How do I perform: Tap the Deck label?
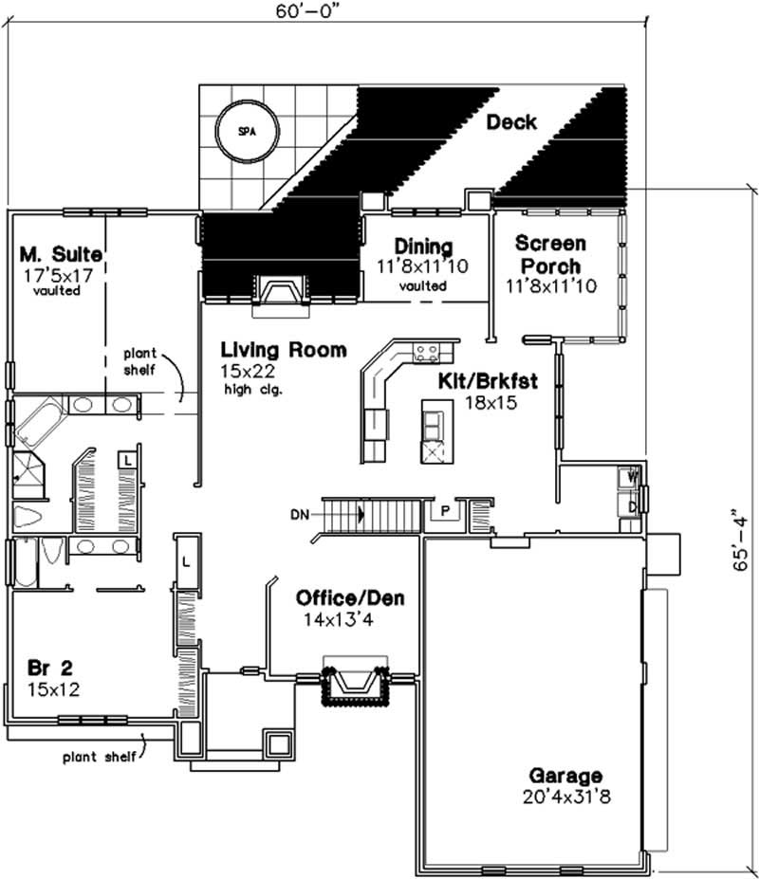click(511, 122)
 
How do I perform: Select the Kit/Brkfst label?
click(488, 382)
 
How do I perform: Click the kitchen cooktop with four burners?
click(427, 354)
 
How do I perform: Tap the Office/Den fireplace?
click(356, 679)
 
